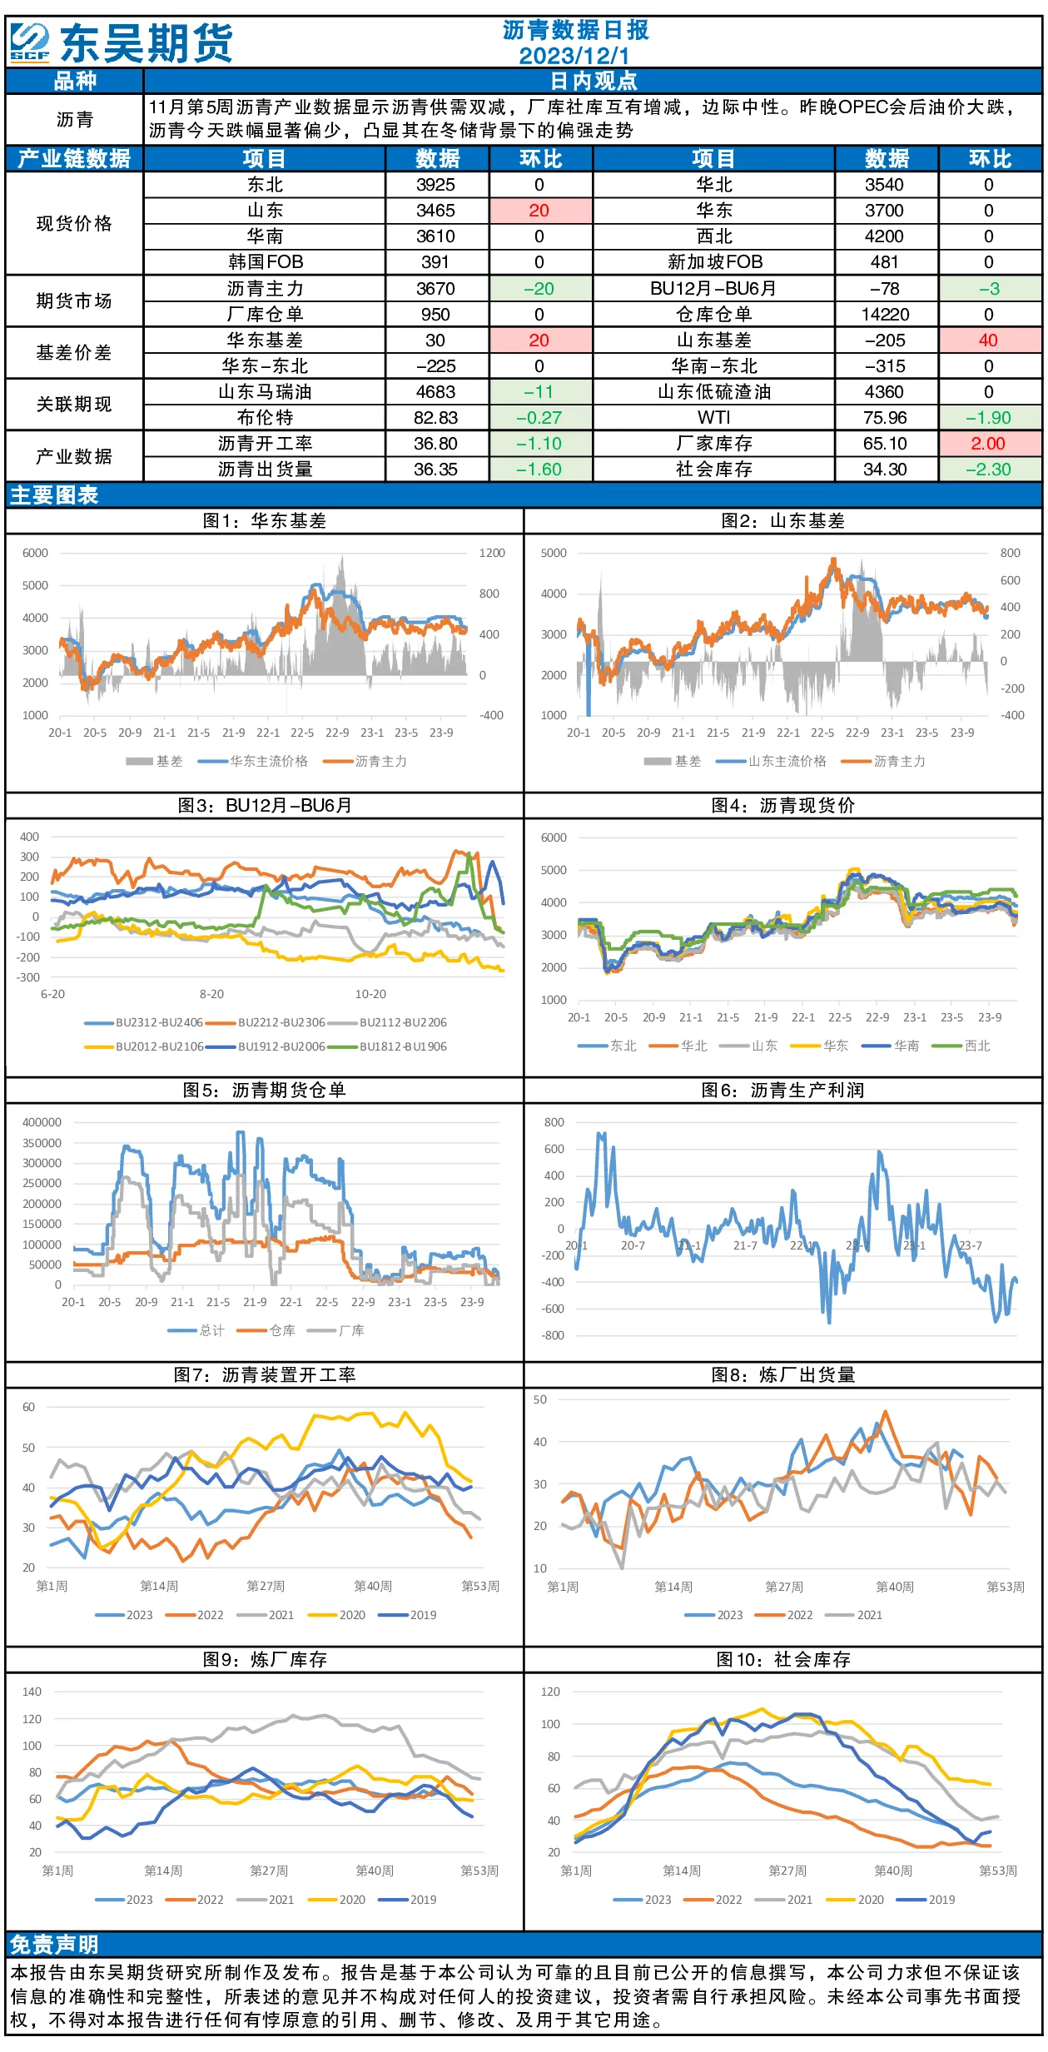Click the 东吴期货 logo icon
(30, 42)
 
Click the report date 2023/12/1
(574, 55)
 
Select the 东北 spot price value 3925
(435, 185)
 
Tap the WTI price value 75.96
(885, 418)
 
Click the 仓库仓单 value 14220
(885, 315)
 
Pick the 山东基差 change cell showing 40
(988, 340)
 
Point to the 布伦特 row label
(265, 418)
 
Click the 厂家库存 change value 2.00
(988, 444)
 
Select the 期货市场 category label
(74, 301)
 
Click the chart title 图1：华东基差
(265, 521)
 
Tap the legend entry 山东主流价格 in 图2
(787, 761)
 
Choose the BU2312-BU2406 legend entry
(158, 1022)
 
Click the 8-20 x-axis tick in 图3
(211, 994)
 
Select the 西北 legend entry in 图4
(977, 1046)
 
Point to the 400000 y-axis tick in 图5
(42, 1122)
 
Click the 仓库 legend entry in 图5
(282, 1330)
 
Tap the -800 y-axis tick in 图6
(553, 1335)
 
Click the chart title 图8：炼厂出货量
(783, 1375)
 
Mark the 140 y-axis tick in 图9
(32, 1692)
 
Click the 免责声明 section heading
(54, 1945)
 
